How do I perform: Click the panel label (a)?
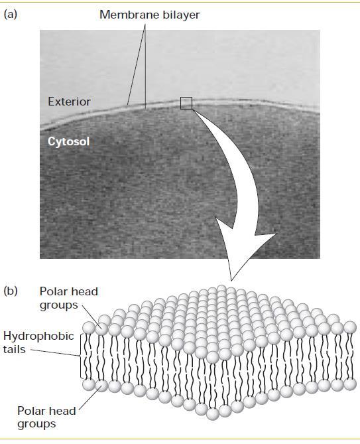(x=11, y=14)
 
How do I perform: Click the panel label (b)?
(x=11, y=291)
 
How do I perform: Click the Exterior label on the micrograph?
(x=69, y=102)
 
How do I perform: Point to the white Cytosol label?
(x=68, y=141)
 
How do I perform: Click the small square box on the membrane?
(x=186, y=103)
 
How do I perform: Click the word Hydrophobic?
(x=38, y=336)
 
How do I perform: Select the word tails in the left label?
(x=14, y=349)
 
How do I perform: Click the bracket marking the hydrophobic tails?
(x=82, y=356)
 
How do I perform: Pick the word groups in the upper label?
(x=58, y=305)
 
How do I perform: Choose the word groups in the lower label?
(x=36, y=425)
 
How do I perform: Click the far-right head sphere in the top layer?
(x=350, y=327)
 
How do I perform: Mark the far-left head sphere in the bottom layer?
(x=89, y=385)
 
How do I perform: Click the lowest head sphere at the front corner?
(x=213, y=413)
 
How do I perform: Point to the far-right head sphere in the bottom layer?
(x=350, y=384)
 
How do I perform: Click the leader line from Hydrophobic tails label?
(x=55, y=353)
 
